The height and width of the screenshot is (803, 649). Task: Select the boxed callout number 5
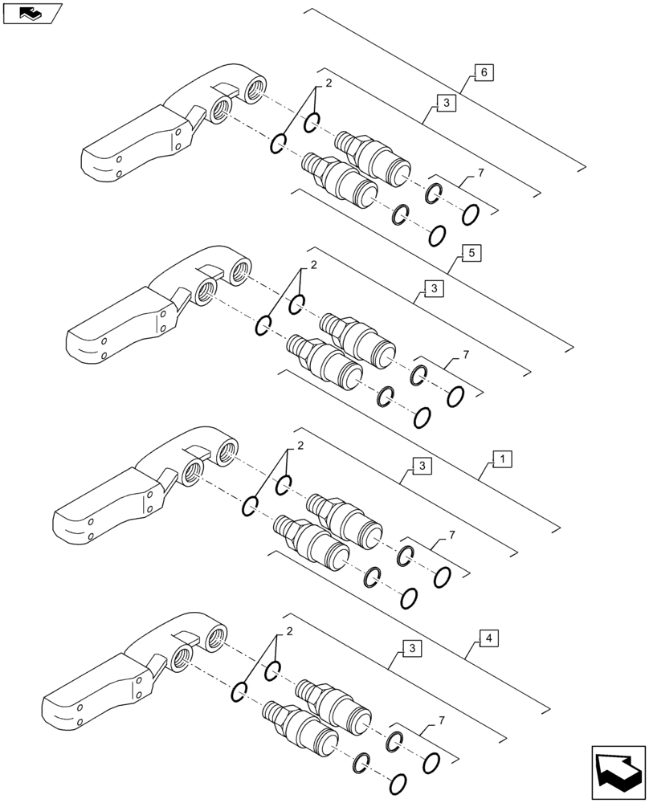pyautogui.click(x=471, y=253)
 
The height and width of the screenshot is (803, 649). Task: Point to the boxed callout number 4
pyautogui.click(x=487, y=638)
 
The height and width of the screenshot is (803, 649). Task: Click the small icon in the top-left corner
pyautogui.click(x=31, y=13)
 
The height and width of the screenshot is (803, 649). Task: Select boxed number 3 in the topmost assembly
pyautogui.click(x=445, y=103)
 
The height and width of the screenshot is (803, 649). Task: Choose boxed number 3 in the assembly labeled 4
pyautogui.click(x=410, y=648)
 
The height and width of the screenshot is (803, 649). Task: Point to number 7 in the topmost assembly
pyautogui.click(x=480, y=173)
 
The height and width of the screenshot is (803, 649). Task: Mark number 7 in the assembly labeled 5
pyautogui.click(x=465, y=355)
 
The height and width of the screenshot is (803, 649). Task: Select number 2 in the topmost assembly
pyautogui.click(x=328, y=84)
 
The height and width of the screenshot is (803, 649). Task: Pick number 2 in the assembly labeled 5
pyautogui.click(x=313, y=265)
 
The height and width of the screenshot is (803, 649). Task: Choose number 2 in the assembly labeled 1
pyautogui.click(x=300, y=446)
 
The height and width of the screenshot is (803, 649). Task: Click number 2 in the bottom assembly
pyautogui.click(x=288, y=630)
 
